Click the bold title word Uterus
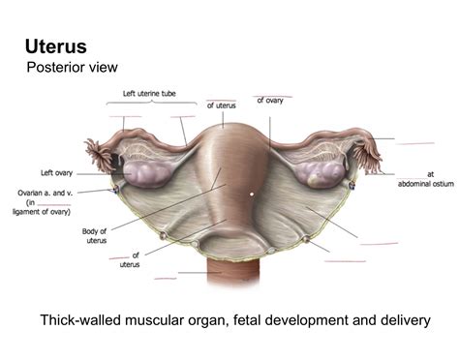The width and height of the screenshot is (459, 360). pyautogui.click(x=55, y=45)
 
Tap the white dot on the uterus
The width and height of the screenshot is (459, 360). pyautogui.click(x=251, y=194)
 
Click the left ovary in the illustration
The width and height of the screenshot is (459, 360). pyautogui.click(x=145, y=173)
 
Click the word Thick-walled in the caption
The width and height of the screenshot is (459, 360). pyautogui.click(x=78, y=320)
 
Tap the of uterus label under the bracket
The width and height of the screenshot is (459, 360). pyautogui.click(x=222, y=105)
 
